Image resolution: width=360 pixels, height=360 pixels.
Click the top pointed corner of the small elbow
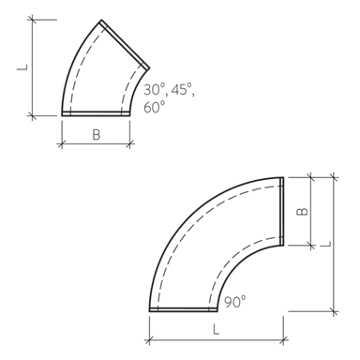(105, 21)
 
